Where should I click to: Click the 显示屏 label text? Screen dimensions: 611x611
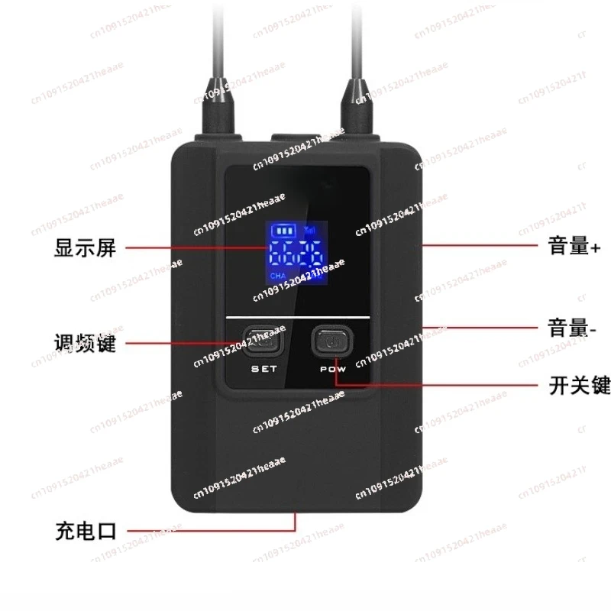tap(86, 247)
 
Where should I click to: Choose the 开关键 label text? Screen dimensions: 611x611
tap(580, 386)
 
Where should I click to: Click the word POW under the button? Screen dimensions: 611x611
tap(329, 369)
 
